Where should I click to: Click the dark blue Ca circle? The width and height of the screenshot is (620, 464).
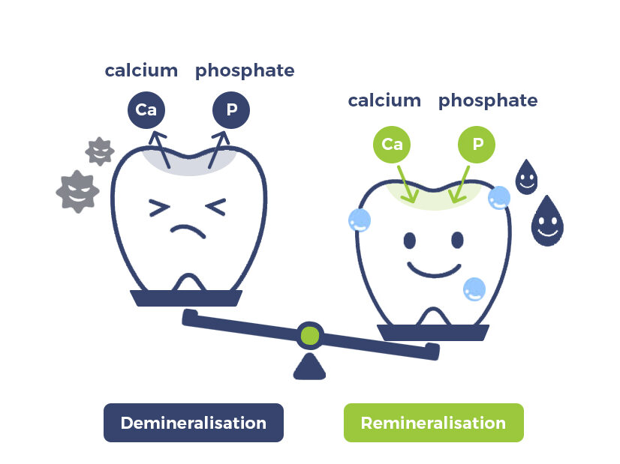[x=146, y=110]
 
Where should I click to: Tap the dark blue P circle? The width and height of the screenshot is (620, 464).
[x=231, y=110]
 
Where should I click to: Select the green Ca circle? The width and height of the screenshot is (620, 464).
[x=392, y=144]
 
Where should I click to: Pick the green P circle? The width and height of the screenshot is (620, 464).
[x=477, y=144]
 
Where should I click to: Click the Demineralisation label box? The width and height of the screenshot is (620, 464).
[x=193, y=423]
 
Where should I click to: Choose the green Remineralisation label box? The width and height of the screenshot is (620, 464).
[x=433, y=423]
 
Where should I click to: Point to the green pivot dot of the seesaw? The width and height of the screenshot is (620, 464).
[x=308, y=335]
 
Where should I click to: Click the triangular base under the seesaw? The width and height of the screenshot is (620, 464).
[x=308, y=367]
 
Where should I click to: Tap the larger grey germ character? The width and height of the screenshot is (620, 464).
[x=77, y=190]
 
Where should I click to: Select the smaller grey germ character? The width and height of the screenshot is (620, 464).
[x=100, y=151]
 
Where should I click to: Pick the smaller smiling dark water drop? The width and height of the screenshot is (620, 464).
[x=526, y=177]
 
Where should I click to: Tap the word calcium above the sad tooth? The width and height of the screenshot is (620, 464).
[x=141, y=70]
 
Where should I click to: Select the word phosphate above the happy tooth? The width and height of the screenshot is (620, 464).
[x=487, y=100]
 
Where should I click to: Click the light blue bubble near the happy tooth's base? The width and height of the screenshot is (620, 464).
[x=474, y=289]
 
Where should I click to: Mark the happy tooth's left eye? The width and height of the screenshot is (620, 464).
[x=410, y=240]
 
